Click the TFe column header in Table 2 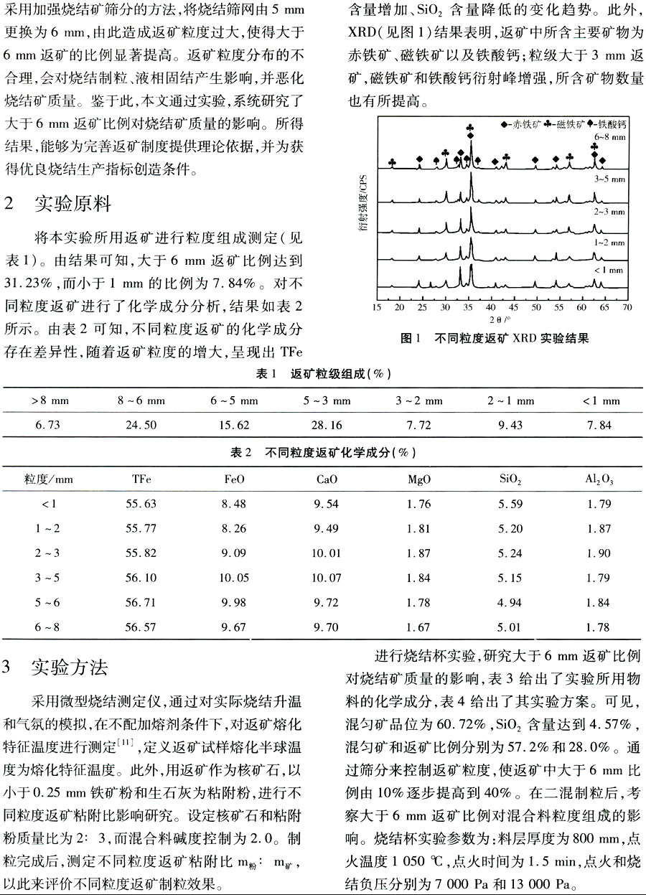pyautogui.click(x=141, y=478)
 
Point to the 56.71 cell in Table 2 pyautogui.click(x=141, y=602)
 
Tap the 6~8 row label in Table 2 pyautogui.click(x=47, y=627)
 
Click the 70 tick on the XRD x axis pyautogui.click(x=627, y=307)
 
